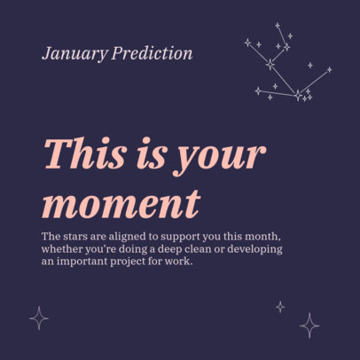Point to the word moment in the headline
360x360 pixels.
click(x=120, y=203)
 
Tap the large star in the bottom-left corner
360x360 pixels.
click(x=39, y=317)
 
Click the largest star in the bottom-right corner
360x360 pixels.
click(x=309, y=325)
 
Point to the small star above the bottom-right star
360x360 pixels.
click(x=280, y=306)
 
